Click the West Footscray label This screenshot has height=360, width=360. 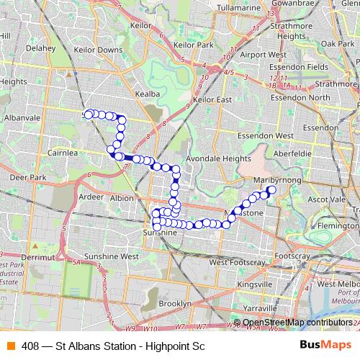(236, 263)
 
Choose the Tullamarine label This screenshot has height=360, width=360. (238, 8)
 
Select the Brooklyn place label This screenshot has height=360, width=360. (175, 304)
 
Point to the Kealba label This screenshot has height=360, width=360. (146, 94)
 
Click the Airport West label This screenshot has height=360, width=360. (264, 55)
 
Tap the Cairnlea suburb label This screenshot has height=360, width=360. (63, 153)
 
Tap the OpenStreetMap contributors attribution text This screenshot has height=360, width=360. (297, 322)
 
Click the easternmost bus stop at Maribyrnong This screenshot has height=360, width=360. (272, 190)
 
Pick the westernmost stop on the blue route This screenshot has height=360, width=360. (89, 114)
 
